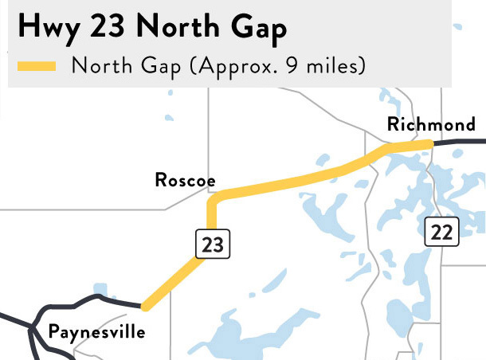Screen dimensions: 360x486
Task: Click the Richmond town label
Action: (430, 124)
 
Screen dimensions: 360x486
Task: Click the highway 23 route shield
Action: (213, 244)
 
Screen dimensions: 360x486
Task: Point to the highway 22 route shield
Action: (441, 232)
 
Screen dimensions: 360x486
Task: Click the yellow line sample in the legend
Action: (36, 66)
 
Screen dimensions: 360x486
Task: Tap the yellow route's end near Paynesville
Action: (143, 305)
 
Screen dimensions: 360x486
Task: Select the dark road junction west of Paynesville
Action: (33, 327)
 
